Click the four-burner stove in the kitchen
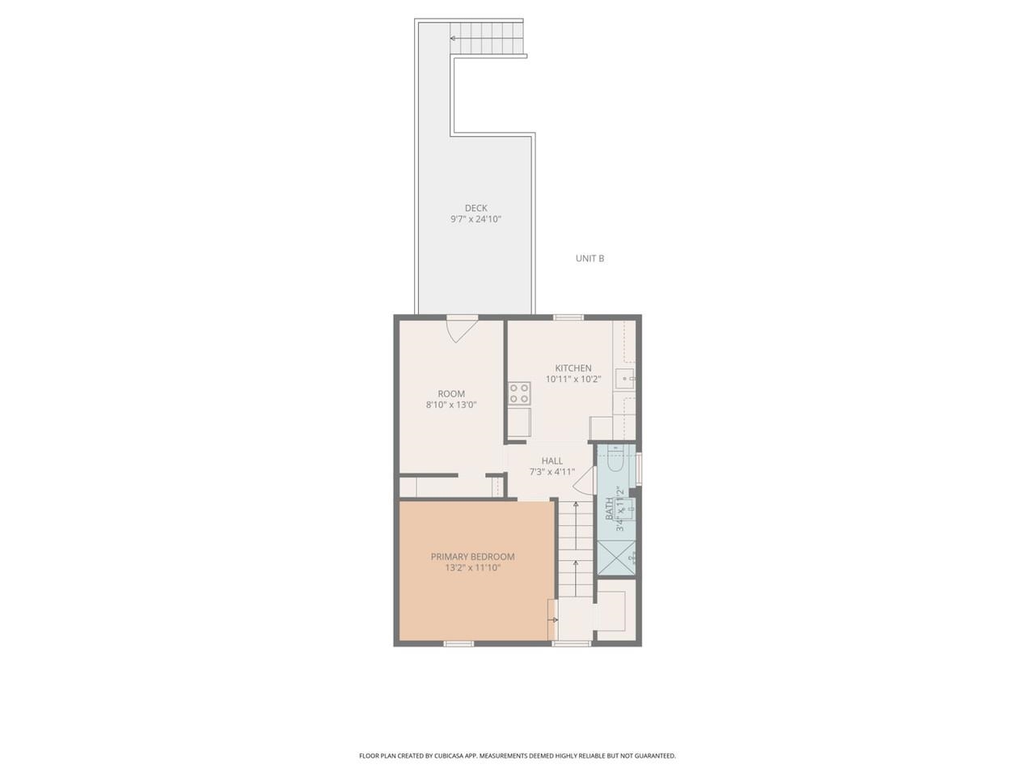519,394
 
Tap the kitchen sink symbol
624,378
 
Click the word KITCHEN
572,368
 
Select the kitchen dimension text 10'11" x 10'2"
572,379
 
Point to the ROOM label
451,394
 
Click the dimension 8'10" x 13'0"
451,405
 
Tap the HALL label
552,461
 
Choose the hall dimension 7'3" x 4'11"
552,472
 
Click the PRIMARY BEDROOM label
472,557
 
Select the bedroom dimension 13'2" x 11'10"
472,568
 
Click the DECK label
475,208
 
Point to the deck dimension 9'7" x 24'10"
475,219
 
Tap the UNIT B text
589,259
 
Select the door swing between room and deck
462,329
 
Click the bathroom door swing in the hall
584,482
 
